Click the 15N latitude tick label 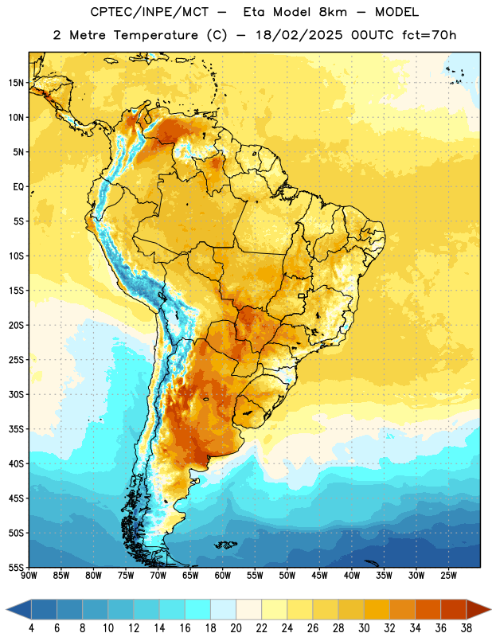coord(16,83)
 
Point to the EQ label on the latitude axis coord(18,187)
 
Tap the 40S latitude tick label coord(16,463)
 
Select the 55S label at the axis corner coord(16,567)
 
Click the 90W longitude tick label coord(29,575)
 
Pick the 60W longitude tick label coord(223,575)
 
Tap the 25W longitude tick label coord(448,575)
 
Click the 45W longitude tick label coord(319,575)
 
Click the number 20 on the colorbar coord(236,628)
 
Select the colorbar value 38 coord(467,628)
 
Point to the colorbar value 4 coord(31,628)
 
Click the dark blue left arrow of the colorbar coord(18,609)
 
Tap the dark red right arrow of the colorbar coord(479,609)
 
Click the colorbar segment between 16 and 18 coord(197,609)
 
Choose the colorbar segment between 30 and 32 coord(377,609)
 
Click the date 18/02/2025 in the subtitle coord(299,35)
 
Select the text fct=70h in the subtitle coord(429,35)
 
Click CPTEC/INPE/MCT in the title coord(149,12)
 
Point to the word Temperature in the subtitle coord(155,36)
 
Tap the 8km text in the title coord(333,12)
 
